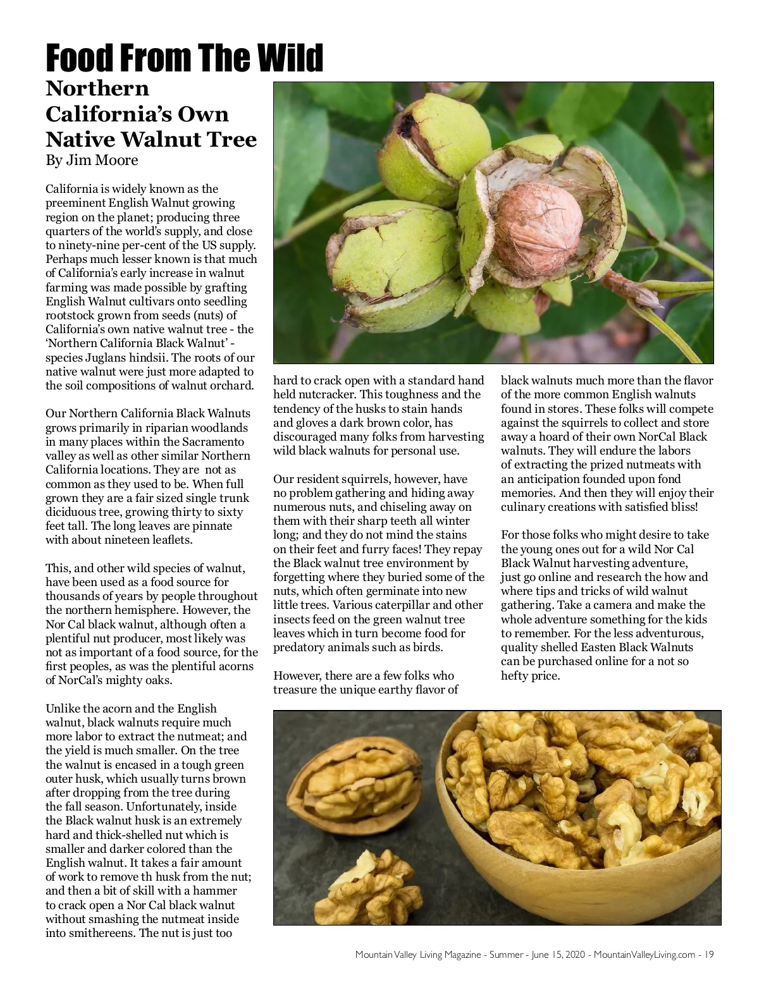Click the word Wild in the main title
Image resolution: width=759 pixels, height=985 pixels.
(288, 59)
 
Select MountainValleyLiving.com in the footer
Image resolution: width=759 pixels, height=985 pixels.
(645, 954)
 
